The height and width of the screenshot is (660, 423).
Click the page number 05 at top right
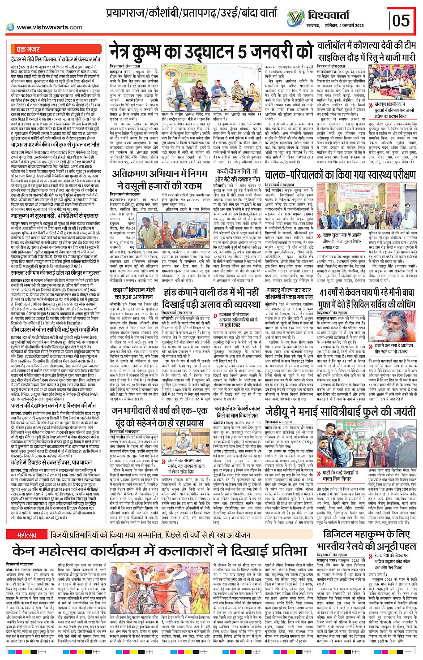(x=401, y=20)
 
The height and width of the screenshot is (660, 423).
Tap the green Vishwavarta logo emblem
(x=295, y=18)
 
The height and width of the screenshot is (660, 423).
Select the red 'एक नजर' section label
(x=28, y=49)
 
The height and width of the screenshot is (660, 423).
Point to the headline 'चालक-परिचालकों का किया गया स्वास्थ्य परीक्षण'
(x=340, y=174)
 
